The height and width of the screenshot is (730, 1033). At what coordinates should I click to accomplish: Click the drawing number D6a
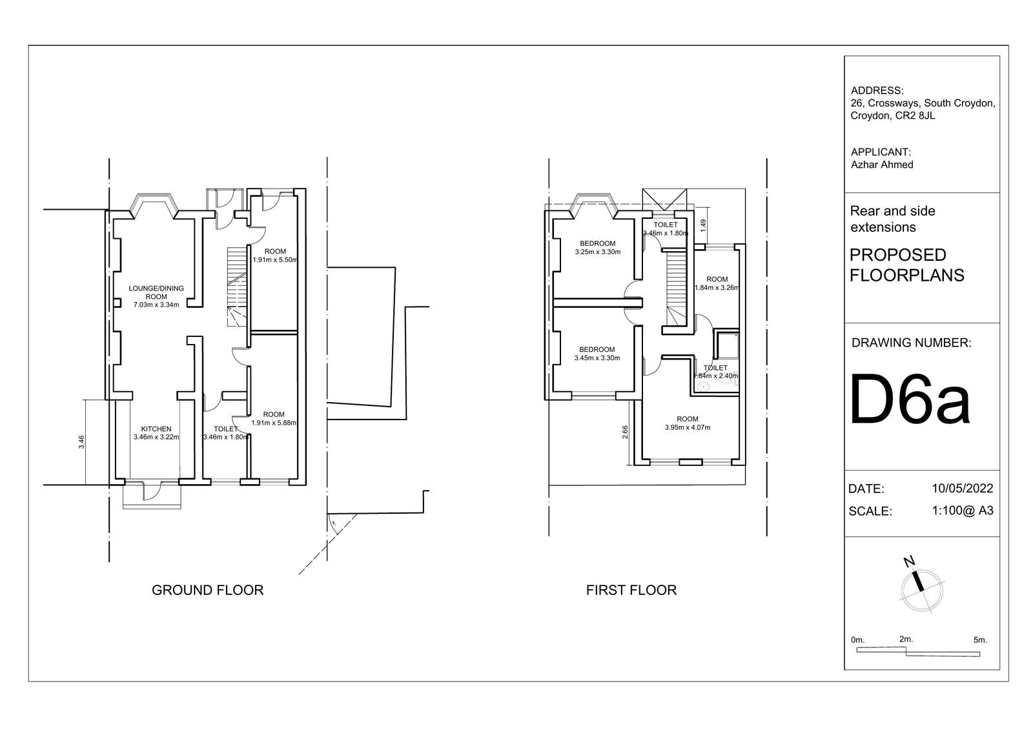pyautogui.click(x=910, y=400)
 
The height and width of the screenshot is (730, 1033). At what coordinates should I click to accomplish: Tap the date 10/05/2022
pyautogui.click(x=963, y=488)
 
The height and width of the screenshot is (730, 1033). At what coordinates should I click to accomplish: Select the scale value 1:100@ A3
pyautogui.click(x=963, y=511)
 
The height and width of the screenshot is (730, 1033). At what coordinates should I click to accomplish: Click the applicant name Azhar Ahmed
pyautogui.click(x=882, y=165)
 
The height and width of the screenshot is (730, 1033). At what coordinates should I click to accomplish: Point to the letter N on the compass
pyautogui.click(x=909, y=562)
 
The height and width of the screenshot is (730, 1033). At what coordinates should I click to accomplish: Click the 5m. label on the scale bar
pyautogui.click(x=980, y=640)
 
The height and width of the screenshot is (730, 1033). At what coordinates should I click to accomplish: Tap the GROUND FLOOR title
pyautogui.click(x=207, y=591)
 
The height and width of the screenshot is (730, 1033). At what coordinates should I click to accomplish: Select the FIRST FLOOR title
pyautogui.click(x=631, y=591)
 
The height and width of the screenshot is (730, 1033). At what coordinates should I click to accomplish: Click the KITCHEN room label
pyautogui.click(x=156, y=429)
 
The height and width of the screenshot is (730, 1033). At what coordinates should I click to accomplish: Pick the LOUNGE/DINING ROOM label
pyautogui.click(x=156, y=292)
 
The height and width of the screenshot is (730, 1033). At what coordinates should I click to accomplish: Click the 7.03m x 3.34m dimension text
pyautogui.click(x=156, y=305)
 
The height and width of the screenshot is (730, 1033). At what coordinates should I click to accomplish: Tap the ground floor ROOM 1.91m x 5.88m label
pyautogui.click(x=274, y=418)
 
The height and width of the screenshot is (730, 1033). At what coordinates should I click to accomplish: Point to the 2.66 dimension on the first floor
pyautogui.click(x=626, y=432)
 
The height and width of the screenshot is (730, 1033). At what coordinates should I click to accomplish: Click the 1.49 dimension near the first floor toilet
pyautogui.click(x=703, y=225)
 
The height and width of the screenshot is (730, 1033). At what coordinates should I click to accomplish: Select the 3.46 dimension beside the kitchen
pyautogui.click(x=81, y=441)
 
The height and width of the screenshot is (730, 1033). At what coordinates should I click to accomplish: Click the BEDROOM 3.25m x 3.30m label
pyautogui.click(x=598, y=248)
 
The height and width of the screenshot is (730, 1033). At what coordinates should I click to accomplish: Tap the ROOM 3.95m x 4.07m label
pyautogui.click(x=688, y=423)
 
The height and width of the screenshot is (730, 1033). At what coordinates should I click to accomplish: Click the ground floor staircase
pyautogui.click(x=238, y=287)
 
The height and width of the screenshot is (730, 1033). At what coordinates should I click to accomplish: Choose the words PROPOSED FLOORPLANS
pyautogui.click(x=906, y=265)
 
